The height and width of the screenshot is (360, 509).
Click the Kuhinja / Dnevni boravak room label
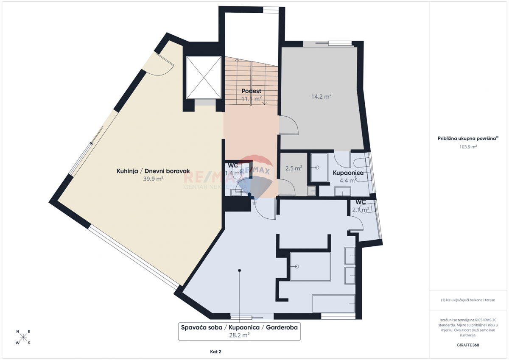point(153,171)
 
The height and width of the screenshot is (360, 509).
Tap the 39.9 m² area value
point(153,179)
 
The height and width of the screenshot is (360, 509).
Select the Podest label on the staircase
point(251,91)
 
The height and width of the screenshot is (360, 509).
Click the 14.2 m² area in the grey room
point(321,97)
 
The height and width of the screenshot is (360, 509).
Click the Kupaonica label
point(348,173)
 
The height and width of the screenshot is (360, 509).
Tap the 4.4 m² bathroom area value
point(348,180)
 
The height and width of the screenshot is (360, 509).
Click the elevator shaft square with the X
point(204,77)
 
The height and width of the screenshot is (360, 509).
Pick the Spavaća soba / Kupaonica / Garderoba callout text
point(239,328)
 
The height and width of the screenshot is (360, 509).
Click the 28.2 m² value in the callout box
point(239,335)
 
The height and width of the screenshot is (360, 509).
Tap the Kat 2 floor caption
point(215,352)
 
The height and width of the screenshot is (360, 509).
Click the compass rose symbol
point(23,338)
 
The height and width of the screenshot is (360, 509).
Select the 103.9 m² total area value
point(468,147)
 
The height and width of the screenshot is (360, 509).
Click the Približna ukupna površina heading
point(468,138)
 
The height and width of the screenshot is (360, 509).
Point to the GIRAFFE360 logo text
point(468,345)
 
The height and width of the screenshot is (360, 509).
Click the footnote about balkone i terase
point(468,300)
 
